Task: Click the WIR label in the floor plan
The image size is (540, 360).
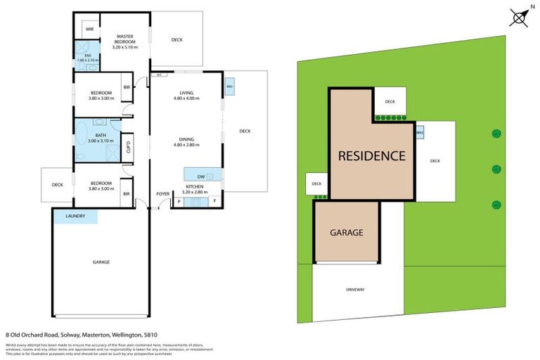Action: (x=90, y=30)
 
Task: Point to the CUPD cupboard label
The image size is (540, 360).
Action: (x=128, y=147)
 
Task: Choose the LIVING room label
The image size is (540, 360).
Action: (x=186, y=93)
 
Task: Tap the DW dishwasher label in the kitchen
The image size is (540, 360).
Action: (x=201, y=176)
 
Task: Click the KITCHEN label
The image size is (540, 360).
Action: (x=195, y=186)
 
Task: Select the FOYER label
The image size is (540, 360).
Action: (x=163, y=193)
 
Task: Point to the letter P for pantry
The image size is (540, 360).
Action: (x=179, y=202)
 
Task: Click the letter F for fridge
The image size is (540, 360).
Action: (x=214, y=202)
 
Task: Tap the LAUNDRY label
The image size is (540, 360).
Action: (x=75, y=216)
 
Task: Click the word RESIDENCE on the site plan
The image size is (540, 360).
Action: (x=372, y=156)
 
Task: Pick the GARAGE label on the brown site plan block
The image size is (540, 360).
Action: (x=347, y=232)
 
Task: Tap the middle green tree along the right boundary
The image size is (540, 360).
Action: (x=496, y=169)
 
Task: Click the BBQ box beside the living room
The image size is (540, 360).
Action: (x=229, y=87)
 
